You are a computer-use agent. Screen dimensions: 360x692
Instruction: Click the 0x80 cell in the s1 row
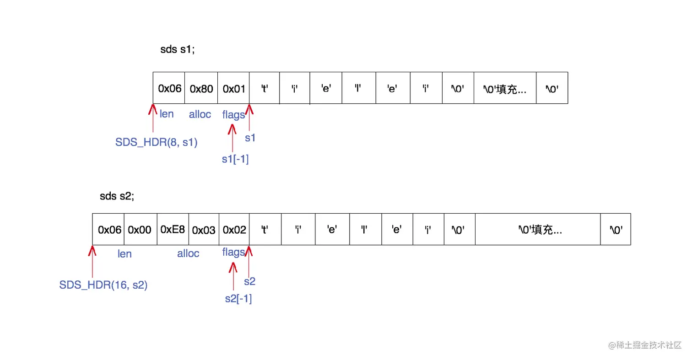(x=201, y=88)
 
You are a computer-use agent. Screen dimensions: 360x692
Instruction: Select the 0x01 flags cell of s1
(x=234, y=88)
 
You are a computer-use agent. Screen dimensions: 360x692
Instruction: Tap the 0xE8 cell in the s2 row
(x=173, y=229)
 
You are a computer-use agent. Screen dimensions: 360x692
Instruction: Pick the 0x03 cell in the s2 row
(x=204, y=229)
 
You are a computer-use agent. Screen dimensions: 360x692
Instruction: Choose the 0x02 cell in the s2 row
(x=234, y=229)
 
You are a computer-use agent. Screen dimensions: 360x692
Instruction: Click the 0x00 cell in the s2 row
(x=140, y=229)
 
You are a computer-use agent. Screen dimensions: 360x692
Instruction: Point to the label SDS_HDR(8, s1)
(x=156, y=142)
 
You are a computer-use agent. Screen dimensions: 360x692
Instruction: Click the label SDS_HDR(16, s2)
(x=103, y=285)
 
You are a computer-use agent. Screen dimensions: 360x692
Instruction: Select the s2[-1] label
(x=238, y=299)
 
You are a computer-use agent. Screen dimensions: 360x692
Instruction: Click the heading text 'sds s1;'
(x=177, y=50)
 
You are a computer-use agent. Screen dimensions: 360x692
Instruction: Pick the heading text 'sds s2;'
(x=117, y=197)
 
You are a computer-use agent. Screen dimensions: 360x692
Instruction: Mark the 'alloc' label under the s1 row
(x=200, y=114)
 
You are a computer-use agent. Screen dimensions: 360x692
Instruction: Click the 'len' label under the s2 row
(x=124, y=253)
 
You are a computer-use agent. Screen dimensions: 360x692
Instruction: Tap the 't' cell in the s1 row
(x=264, y=88)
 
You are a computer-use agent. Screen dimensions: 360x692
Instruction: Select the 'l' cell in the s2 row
(x=365, y=229)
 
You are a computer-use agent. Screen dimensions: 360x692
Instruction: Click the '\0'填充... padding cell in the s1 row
(x=505, y=88)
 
